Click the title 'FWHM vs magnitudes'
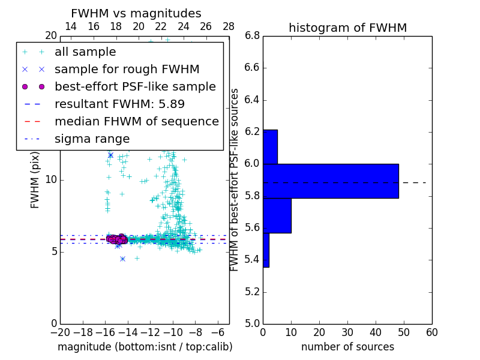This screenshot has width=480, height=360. (136, 13)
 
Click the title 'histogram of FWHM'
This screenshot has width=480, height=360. (347, 28)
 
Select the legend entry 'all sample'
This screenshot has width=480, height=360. (85, 52)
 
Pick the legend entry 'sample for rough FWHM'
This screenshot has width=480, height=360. (127, 69)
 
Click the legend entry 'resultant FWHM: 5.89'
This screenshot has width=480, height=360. (119, 104)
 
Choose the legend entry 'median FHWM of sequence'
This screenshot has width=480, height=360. (136, 121)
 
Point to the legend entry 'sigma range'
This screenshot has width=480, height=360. (92, 139)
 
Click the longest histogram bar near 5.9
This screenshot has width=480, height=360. (331, 181)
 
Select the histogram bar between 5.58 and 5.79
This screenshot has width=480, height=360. (277, 215)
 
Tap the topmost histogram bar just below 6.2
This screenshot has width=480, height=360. (270, 146)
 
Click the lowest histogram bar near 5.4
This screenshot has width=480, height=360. (266, 250)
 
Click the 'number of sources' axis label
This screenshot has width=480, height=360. (347, 347)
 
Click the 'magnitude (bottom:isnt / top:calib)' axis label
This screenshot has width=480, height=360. (145, 347)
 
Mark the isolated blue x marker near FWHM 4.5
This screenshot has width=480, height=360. (122, 259)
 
